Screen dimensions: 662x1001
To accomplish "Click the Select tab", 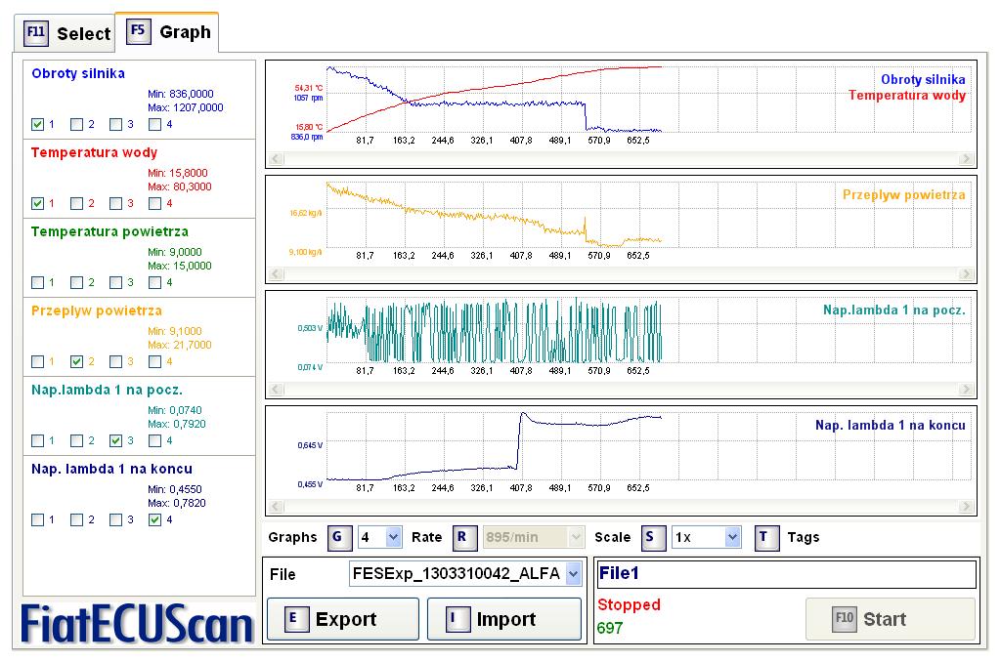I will [67, 33].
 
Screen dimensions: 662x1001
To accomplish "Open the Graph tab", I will [169, 31].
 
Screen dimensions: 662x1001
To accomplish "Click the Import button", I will [504, 619].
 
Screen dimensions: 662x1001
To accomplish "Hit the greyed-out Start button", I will [890, 619].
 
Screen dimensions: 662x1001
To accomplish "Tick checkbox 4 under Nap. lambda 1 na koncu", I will [154, 519].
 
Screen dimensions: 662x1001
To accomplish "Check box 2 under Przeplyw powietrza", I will [76, 361].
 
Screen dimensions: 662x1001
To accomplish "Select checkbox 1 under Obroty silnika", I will [37, 124].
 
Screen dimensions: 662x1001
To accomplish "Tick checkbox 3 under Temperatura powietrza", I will [115, 282].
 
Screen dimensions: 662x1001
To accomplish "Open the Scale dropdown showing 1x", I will [706, 536].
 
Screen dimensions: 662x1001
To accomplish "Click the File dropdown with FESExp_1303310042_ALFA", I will [465, 574].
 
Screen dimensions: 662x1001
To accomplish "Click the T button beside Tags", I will [767, 536].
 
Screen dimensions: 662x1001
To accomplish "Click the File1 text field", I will [786, 574].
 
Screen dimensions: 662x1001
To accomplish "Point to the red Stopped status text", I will [629, 604].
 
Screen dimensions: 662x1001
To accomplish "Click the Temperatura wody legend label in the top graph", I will [906, 96].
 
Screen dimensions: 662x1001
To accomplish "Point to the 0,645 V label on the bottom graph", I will [308, 445].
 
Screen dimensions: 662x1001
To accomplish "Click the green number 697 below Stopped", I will [610, 628].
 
